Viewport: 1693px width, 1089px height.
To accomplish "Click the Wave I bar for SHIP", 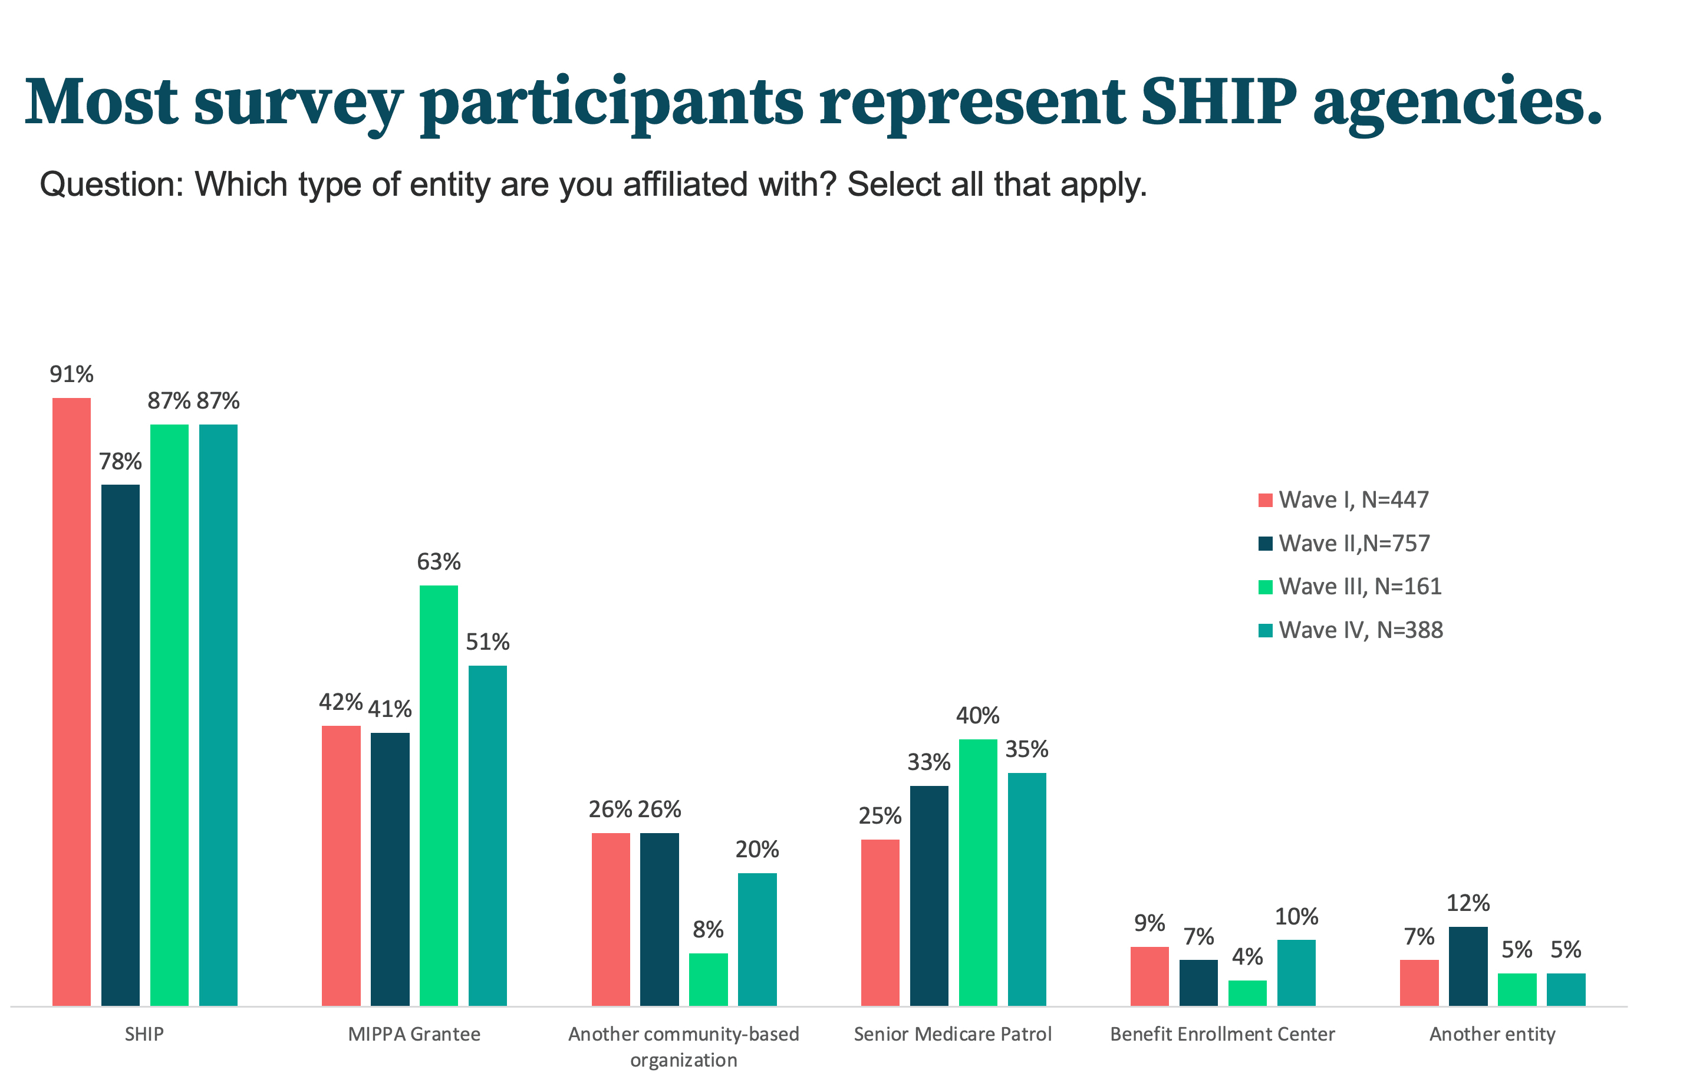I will [x=71, y=700].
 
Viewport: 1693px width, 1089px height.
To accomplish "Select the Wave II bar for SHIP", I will [x=120, y=744].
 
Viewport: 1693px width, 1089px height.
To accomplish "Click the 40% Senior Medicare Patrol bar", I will [x=977, y=871].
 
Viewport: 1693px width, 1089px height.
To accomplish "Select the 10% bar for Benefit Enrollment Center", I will [x=1296, y=972].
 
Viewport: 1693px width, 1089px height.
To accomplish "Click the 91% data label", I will [x=71, y=374].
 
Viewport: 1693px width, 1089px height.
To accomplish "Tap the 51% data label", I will [x=487, y=641].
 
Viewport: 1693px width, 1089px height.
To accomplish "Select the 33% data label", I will [x=928, y=762].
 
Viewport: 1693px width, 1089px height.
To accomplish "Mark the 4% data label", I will [x=1247, y=956].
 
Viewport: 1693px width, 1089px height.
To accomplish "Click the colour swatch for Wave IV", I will [x=1266, y=630].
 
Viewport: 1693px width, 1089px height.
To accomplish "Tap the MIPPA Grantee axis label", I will [x=414, y=1034].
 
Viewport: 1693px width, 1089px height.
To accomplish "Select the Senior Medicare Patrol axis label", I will [x=952, y=1034].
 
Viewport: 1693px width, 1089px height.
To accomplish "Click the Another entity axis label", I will [x=1491, y=1034].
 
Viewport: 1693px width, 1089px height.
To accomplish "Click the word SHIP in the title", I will [x=1218, y=103].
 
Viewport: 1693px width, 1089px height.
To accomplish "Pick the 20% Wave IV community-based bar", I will [x=756, y=939].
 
